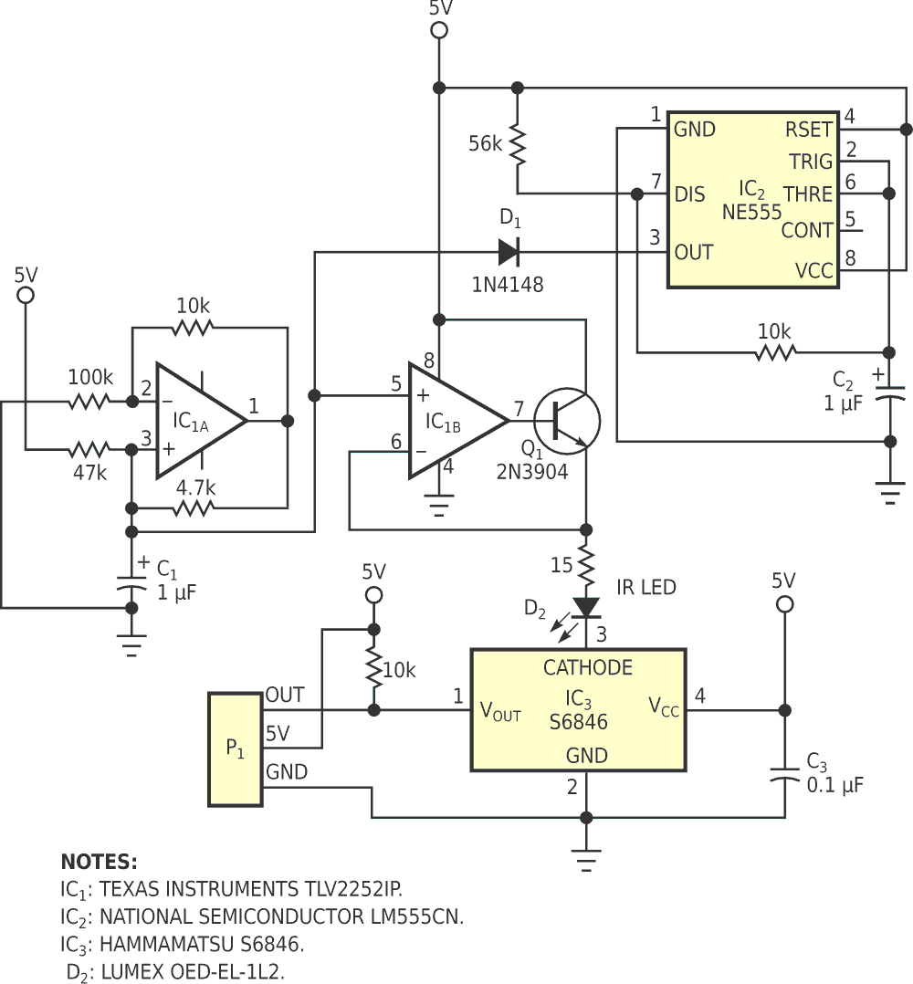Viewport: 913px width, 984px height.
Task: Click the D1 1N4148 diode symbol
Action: (x=509, y=250)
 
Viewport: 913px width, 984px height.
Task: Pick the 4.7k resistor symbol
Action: (x=194, y=508)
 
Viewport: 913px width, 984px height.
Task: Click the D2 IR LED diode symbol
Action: (x=585, y=607)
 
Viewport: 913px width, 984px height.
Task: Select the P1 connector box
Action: (x=236, y=749)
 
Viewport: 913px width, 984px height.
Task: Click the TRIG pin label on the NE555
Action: (x=810, y=162)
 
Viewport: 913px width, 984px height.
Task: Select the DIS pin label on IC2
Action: (x=689, y=194)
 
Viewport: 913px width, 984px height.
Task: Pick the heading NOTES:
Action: (x=99, y=862)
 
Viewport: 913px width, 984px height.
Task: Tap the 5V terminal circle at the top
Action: (x=439, y=31)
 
